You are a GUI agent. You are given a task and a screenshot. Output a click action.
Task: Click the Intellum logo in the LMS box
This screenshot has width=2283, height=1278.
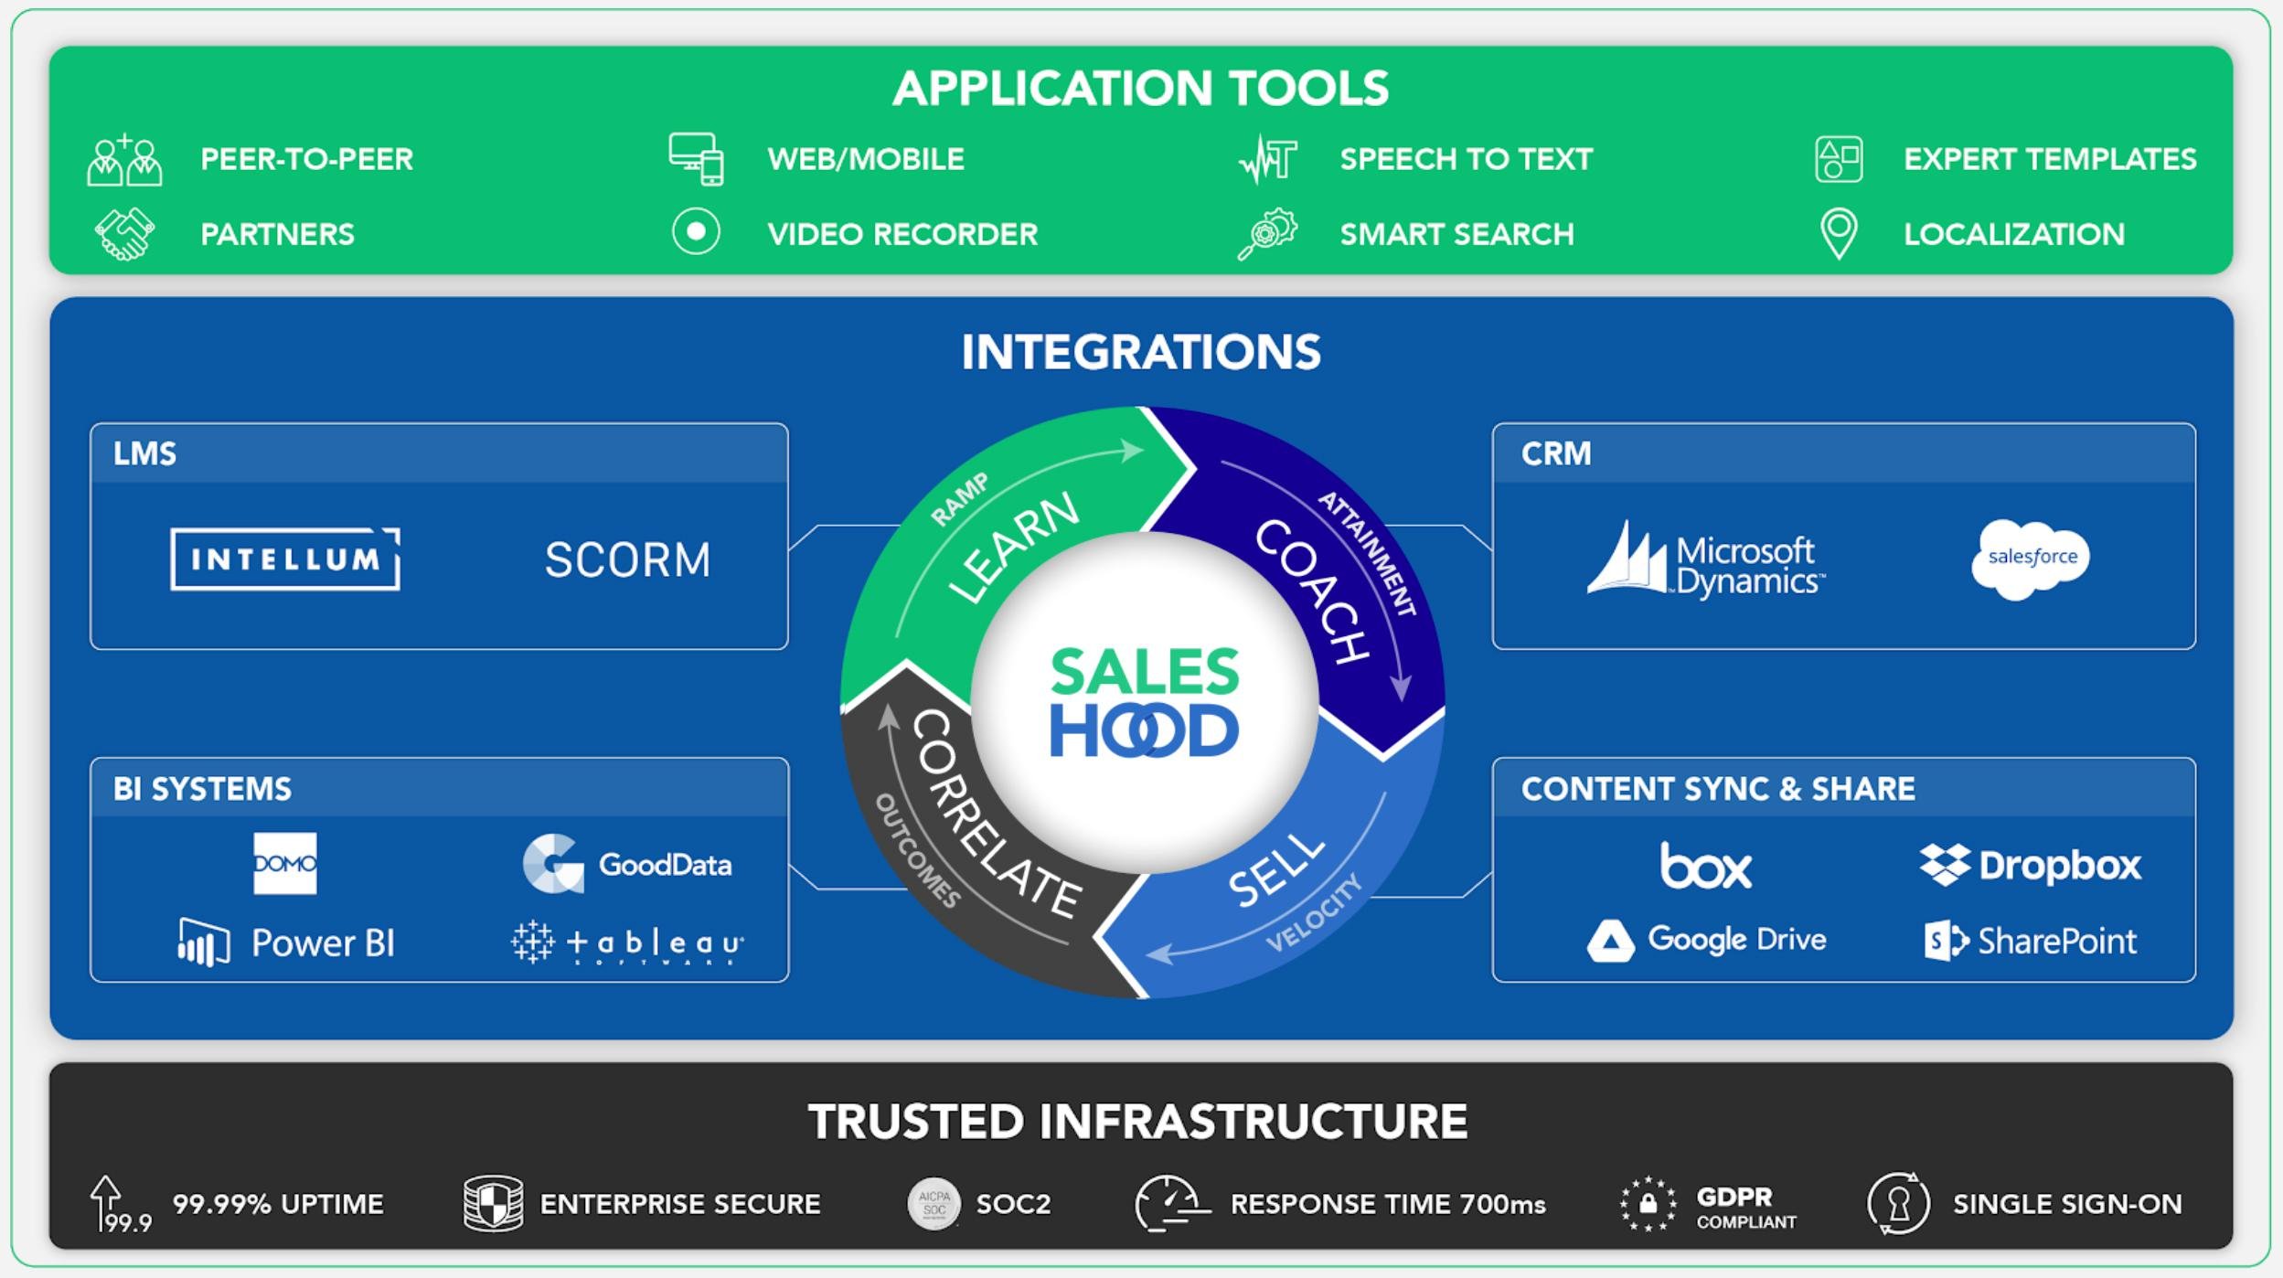coord(284,559)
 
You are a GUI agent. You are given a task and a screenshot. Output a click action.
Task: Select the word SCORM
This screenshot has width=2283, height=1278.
coord(627,559)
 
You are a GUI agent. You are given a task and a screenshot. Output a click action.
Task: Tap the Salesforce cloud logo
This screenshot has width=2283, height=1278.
coord(2031,559)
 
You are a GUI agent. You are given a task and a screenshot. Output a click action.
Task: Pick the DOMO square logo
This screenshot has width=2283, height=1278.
coord(284,863)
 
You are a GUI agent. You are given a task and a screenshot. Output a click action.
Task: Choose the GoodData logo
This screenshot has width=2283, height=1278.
coord(627,864)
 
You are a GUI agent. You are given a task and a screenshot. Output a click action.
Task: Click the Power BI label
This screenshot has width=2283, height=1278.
coord(322,943)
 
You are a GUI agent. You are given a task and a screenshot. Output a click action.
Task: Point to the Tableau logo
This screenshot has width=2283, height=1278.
coord(627,943)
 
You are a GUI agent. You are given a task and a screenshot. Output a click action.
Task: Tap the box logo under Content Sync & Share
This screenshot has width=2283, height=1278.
coord(1705,865)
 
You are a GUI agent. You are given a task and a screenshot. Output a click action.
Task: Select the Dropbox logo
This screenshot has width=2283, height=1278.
coord(2030,865)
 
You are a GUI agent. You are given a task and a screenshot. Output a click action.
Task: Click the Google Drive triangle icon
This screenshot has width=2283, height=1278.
coord(1610,941)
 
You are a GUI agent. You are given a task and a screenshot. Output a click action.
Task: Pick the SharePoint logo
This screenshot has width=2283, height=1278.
coord(2030,941)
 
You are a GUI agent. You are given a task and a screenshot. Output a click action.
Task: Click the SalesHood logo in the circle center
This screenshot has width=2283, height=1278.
coord(1144,703)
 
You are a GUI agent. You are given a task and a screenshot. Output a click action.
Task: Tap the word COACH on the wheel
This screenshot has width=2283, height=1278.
coord(1312,591)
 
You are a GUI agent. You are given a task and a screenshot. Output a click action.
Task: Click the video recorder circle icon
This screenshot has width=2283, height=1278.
coord(696,231)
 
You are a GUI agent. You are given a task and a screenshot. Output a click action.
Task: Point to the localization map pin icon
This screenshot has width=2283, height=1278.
coord(1839,232)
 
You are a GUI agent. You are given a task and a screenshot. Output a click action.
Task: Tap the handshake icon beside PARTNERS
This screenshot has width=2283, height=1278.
coord(125,234)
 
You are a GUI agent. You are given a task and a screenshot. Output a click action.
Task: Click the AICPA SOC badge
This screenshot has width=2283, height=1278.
coord(933,1203)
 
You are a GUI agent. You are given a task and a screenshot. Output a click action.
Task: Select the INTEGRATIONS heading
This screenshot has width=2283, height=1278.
coord(1141,352)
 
